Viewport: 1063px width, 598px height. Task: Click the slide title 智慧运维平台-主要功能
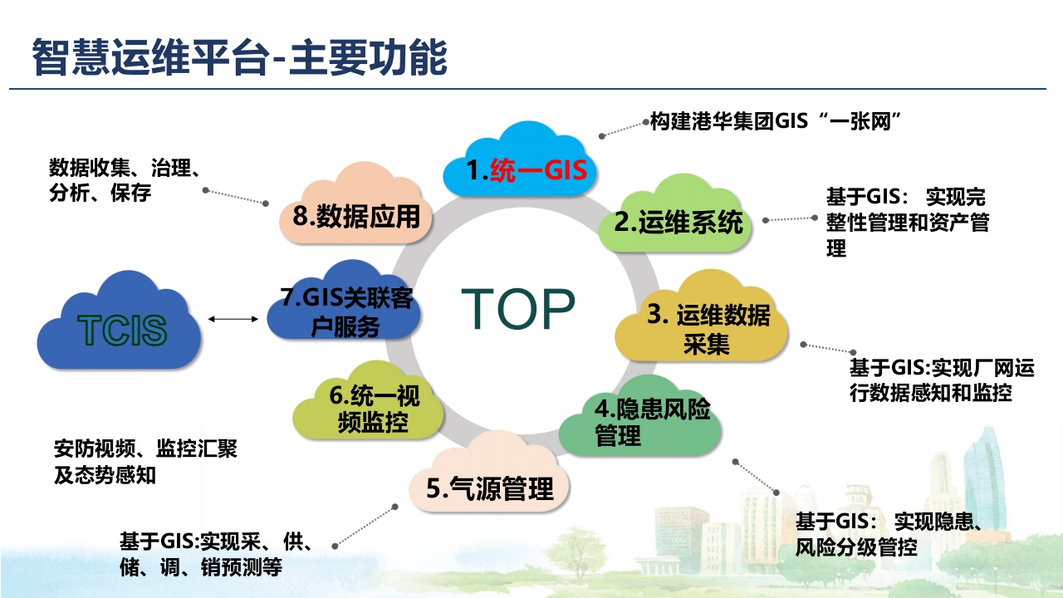tap(240, 57)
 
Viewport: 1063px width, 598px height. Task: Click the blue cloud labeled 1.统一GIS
tap(520, 161)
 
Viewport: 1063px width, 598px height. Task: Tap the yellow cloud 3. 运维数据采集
tap(702, 317)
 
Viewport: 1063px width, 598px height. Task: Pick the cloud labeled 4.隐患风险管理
tap(639, 418)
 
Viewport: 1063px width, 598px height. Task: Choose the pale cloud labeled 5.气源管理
tap(489, 474)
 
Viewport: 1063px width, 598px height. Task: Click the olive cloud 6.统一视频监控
tap(368, 401)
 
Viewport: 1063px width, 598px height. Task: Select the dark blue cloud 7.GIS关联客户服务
tap(344, 301)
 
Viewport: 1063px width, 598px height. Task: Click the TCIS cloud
tap(120, 321)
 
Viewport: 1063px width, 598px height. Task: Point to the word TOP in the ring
tap(518, 308)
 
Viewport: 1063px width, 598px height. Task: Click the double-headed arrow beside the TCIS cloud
tap(233, 319)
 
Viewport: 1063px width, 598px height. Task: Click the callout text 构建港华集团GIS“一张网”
tap(776, 121)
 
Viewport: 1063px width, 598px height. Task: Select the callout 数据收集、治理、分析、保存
tap(125, 180)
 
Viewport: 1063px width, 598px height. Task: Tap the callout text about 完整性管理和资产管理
tap(908, 222)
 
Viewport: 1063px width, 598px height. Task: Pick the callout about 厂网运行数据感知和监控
tap(942, 380)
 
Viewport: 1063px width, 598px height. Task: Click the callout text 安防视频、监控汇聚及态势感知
tap(145, 462)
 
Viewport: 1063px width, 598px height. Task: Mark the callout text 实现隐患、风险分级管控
tap(889, 534)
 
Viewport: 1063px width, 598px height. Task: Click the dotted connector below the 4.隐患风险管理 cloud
tap(756, 477)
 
